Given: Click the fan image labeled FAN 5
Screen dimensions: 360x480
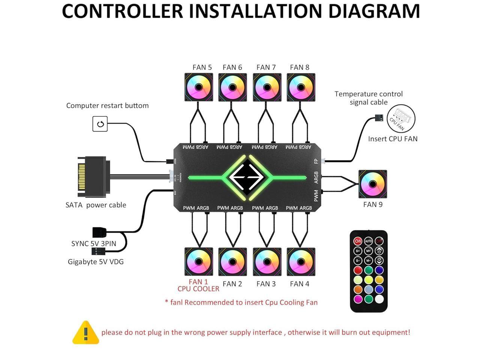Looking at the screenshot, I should point(199,87).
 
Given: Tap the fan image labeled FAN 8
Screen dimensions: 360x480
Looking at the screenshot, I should point(301,87).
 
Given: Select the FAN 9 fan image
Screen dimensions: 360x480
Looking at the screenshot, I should point(373,184).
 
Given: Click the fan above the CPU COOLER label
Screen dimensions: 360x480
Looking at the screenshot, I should point(199,261).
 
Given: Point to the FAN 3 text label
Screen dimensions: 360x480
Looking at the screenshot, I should point(266,284).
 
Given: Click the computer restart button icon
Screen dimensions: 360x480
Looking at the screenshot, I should point(100,124).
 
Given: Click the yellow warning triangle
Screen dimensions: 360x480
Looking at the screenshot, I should point(85,333).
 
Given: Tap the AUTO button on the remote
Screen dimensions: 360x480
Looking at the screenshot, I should point(369,241).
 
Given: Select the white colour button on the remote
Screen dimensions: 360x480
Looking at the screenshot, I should point(379,299).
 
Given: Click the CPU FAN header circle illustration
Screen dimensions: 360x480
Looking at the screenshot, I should point(401,118).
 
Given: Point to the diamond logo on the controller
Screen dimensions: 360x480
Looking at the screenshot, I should point(247,177).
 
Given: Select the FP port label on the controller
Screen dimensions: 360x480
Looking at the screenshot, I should point(316,161).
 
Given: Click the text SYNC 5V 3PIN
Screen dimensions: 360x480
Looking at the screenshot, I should point(94,243).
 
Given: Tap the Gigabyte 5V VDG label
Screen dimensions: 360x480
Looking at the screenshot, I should point(96,262).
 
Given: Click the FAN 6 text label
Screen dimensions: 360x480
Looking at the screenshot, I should point(232,67).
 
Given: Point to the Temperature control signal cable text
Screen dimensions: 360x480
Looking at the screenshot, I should point(369,98).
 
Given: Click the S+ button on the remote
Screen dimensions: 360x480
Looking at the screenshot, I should point(358,250).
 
